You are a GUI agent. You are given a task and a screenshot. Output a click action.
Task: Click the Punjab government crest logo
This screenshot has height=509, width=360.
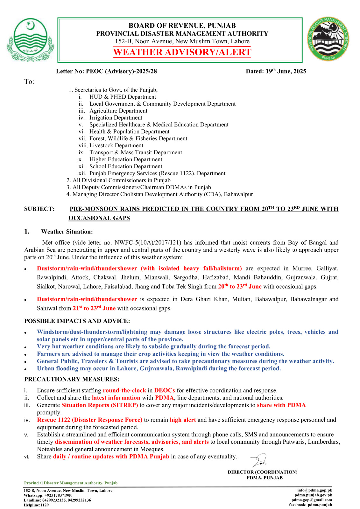30,40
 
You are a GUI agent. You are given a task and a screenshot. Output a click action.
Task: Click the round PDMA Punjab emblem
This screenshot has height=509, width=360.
328,39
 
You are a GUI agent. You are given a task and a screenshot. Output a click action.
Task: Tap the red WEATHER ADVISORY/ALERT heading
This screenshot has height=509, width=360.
182,52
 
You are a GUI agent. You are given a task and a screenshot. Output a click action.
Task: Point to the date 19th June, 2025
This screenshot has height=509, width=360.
276,71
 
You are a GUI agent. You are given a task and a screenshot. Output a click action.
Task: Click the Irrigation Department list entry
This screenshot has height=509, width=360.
116,118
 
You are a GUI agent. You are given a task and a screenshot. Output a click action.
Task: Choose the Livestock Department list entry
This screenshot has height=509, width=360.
116,145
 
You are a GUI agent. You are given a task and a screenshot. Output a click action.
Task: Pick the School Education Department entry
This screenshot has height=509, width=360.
126,166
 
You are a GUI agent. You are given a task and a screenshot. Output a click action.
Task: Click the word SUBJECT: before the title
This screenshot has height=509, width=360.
39,209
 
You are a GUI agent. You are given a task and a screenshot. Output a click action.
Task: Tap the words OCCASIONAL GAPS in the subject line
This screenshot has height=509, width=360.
99,218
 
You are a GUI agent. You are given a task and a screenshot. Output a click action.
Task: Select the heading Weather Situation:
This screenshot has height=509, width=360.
67,232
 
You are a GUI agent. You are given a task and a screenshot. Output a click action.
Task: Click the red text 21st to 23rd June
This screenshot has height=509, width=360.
94,308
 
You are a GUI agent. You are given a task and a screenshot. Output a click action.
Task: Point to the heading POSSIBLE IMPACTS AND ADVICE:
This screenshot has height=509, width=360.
77,321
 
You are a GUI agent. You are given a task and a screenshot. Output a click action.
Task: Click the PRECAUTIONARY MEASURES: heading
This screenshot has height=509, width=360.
72,379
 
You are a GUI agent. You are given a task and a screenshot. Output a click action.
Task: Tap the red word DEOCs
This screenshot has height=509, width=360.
164,390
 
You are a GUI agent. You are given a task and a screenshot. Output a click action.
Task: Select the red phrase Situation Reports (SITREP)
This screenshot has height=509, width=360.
100,405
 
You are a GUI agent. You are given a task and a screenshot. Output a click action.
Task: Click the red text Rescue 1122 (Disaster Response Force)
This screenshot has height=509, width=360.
89,420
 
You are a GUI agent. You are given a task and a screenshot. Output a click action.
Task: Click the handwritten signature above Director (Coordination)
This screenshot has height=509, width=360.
258,460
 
